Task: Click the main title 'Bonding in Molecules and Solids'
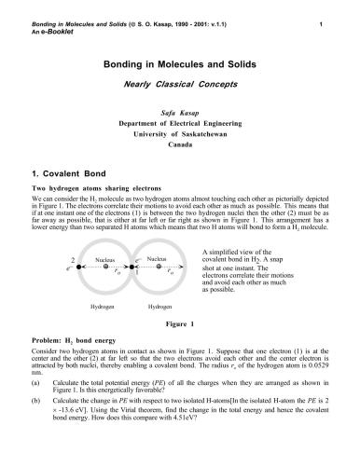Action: [180, 68]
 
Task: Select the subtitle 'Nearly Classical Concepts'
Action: [180, 87]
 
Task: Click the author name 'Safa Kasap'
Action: [180, 110]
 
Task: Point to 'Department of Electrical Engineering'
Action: [180, 121]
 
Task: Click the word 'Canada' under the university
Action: [180, 144]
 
